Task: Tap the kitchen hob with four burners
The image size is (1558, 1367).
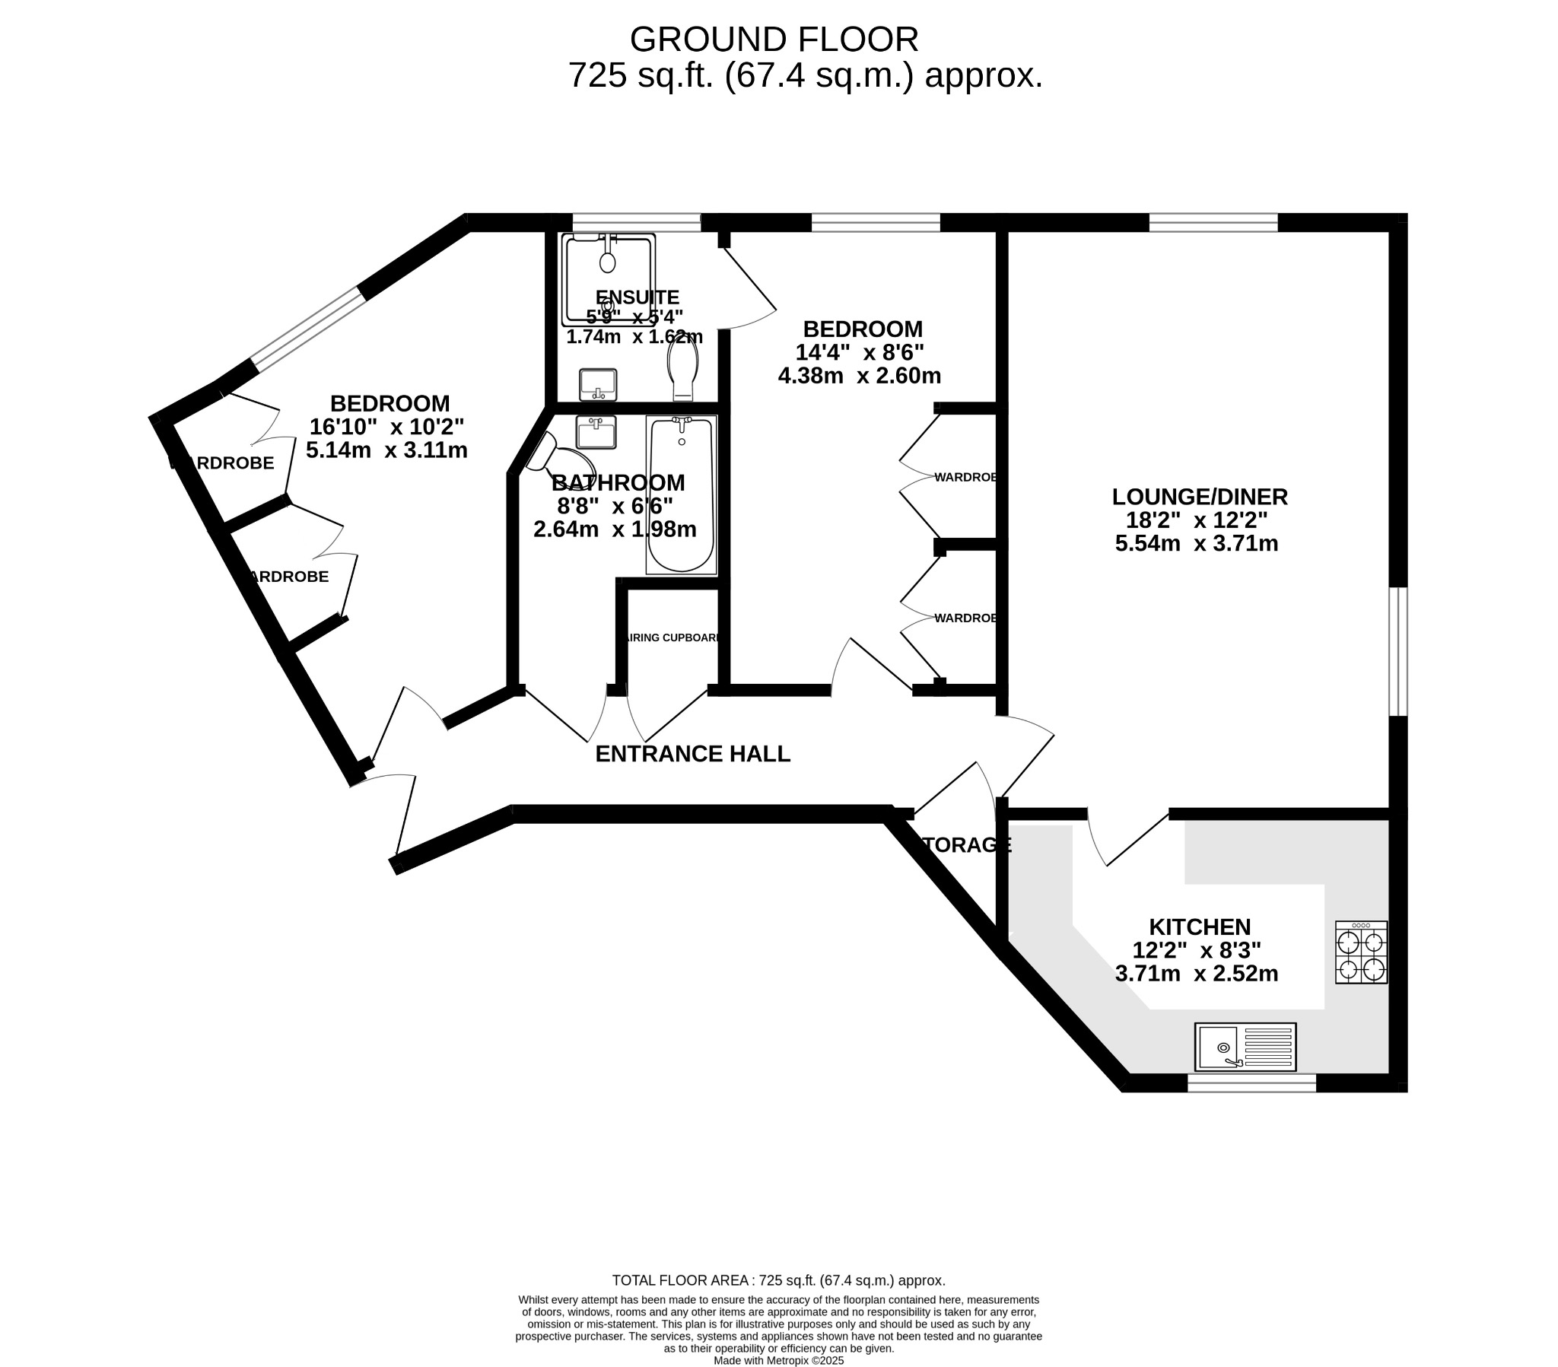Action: pyautogui.click(x=1360, y=952)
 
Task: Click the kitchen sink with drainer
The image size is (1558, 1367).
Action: pyautogui.click(x=1245, y=1046)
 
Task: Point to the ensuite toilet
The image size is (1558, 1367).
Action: pyautogui.click(x=683, y=370)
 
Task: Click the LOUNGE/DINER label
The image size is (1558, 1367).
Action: pyautogui.click(x=1199, y=497)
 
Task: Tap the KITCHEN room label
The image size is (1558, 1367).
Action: pyautogui.click(x=1199, y=927)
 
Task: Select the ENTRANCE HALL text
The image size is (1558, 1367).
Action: pyautogui.click(x=692, y=754)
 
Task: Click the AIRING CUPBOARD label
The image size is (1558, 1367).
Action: pyautogui.click(x=671, y=637)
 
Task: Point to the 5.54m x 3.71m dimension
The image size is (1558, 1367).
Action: pyautogui.click(x=1196, y=544)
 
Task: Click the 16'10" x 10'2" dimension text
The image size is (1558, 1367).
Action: pyautogui.click(x=386, y=426)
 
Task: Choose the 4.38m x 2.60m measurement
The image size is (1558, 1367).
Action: pyautogui.click(x=859, y=376)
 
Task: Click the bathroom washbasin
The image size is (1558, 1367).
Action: pyautogui.click(x=596, y=431)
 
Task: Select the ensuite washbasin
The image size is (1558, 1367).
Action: pyautogui.click(x=598, y=384)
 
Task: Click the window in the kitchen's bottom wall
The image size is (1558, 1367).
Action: pyautogui.click(x=1251, y=1082)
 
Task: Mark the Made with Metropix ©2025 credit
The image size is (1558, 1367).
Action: pyautogui.click(x=778, y=1359)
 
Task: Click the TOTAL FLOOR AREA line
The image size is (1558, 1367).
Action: pyautogui.click(x=778, y=1281)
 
